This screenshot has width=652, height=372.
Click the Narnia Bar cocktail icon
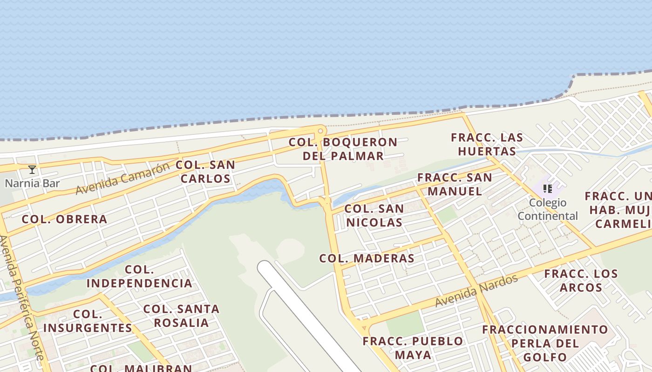pyautogui.click(x=32, y=170)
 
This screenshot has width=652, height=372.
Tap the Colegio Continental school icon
pyautogui.click(x=548, y=189)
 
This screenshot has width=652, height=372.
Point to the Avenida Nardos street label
pyautogui.click(x=476, y=291)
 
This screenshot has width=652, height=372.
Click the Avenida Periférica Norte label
pyautogui.click(x=22, y=298)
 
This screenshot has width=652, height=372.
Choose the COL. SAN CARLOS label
pyautogui.click(x=205, y=172)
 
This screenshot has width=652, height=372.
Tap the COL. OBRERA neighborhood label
pyautogui.click(x=64, y=219)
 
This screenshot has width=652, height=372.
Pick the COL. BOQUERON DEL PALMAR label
pyautogui.click(x=343, y=149)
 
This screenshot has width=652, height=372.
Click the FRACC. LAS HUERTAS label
pyautogui.click(x=487, y=144)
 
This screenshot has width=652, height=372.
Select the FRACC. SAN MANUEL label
pyautogui.click(x=455, y=184)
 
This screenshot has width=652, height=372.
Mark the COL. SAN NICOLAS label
pyautogui.click(x=374, y=216)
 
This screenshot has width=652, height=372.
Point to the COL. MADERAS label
pyautogui.click(x=367, y=259)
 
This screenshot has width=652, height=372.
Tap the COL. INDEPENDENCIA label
pyautogui.click(x=139, y=276)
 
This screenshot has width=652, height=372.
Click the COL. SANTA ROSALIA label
pyautogui.click(x=181, y=316)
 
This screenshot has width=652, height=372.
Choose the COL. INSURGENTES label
pyautogui.click(x=88, y=321)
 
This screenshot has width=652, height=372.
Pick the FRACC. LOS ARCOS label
pyautogui.click(x=581, y=280)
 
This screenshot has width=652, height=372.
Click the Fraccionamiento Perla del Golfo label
pyautogui.click(x=545, y=343)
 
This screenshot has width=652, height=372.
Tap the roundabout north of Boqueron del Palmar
pyautogui.click(x=320, y=131)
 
